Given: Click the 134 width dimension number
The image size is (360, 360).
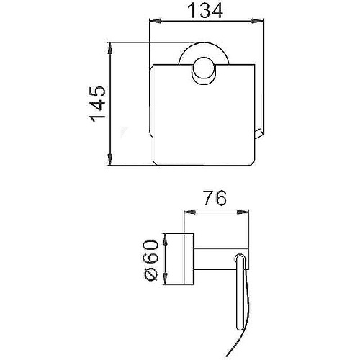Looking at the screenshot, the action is click(205, 11).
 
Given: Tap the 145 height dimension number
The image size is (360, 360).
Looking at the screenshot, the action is click(98, 104).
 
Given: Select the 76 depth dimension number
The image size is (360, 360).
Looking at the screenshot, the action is click(215, 198).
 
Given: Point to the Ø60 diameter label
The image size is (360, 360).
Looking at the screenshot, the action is click(151, 260).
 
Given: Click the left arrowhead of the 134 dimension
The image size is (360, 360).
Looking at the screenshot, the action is click(155, 21).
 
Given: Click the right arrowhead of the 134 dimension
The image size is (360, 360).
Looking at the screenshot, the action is click(257, 21).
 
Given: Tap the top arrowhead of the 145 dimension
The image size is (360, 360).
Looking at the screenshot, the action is click(110, 48).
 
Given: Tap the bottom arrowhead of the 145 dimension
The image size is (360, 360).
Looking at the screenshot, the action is click(110, 160).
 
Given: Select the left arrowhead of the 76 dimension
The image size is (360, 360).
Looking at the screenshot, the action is click(189, 212).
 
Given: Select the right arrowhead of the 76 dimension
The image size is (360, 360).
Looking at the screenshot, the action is click(243, 212).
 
